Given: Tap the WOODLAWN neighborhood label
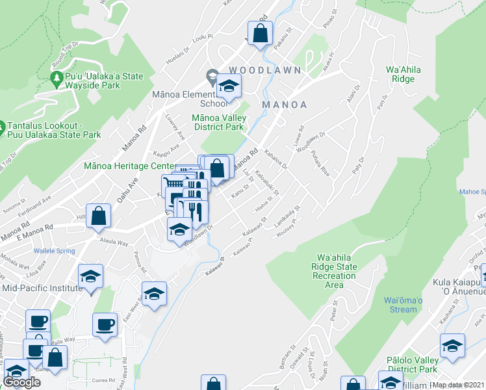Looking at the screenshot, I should click(x=264, y=70).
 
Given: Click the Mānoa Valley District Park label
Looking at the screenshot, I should click(x=218, y=122).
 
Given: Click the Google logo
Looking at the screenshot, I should click(x=21, y=382).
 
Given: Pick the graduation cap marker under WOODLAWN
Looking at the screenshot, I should click(x=228, y=85).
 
